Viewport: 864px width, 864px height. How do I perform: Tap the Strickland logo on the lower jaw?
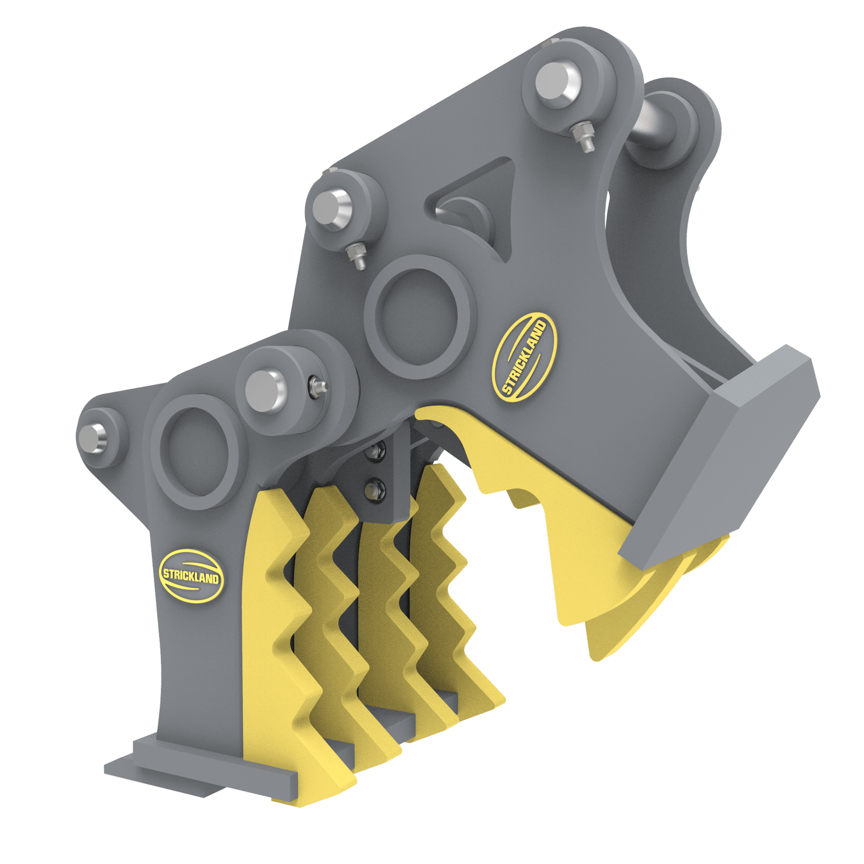point(191,575)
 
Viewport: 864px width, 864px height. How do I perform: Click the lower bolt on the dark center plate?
point(377,491)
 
